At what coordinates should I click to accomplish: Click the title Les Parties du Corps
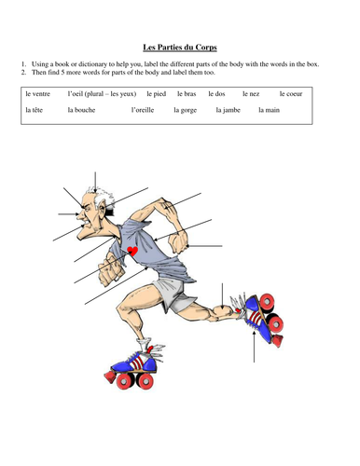180,48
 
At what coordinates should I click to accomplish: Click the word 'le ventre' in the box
37,94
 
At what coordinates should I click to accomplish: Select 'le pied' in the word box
157,94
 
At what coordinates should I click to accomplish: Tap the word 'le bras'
187,94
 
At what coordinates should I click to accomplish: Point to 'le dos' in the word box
216,94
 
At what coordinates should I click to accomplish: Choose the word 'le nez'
251,94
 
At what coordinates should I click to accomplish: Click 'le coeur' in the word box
291,94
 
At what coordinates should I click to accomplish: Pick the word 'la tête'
34,110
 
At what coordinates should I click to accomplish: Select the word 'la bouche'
81,110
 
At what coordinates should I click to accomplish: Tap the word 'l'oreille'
143,110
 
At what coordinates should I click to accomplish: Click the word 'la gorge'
186,110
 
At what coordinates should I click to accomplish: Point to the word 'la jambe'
228,110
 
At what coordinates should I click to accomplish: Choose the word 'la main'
270,110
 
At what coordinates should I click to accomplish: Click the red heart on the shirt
132,251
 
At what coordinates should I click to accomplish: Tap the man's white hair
103,198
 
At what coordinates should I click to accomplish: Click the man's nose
80,214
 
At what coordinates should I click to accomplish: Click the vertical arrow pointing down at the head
95,184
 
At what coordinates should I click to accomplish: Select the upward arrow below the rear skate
254,347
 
